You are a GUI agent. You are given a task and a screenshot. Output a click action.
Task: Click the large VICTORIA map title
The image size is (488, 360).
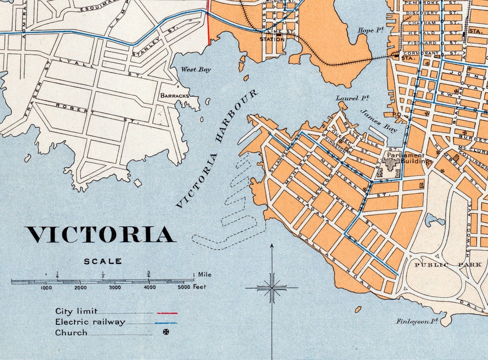(100, 235)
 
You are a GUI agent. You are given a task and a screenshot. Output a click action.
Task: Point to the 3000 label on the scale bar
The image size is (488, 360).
(115, 287)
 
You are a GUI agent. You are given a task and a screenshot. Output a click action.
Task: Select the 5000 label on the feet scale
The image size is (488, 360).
(183, 287)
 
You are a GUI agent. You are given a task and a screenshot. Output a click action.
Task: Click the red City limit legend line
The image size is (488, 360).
(167, 313)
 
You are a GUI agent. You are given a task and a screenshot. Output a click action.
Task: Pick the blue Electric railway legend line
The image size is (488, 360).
(165, 323)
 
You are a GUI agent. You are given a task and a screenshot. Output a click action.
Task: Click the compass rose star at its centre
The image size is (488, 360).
(272, 287)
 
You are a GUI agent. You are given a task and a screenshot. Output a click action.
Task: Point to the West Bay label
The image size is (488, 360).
(196, 70)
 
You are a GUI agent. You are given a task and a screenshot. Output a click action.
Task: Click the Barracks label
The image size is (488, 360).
(174, 96)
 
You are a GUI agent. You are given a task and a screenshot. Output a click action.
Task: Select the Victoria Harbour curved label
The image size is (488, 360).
(217, 149)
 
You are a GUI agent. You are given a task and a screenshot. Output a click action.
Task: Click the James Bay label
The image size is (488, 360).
(379, 121)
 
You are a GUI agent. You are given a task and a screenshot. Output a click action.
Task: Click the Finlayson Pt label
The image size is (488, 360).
(418, 321)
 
